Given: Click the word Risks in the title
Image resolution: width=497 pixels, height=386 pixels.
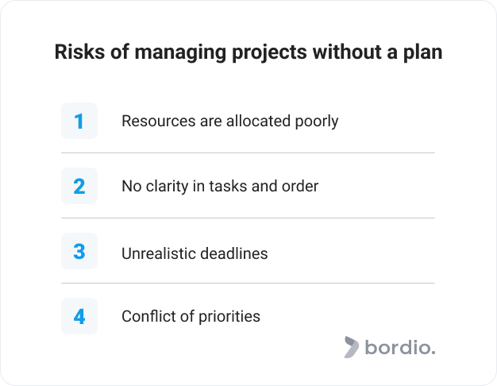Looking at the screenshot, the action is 79,52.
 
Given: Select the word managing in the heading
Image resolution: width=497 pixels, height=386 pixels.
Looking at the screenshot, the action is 180,53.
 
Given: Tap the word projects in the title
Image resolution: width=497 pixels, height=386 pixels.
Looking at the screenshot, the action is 269,53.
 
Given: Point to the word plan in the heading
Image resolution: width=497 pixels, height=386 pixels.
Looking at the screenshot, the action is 422,53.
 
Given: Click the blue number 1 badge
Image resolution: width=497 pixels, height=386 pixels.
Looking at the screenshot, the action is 79,121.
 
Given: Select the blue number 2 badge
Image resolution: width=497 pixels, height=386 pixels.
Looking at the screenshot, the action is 79,186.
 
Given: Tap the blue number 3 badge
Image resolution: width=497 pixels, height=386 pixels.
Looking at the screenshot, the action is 79,251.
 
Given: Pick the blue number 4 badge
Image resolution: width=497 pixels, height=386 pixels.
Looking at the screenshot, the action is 79,316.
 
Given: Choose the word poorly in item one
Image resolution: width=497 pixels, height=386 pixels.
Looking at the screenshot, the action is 317,122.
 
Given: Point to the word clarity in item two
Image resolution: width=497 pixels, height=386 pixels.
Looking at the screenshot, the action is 167,187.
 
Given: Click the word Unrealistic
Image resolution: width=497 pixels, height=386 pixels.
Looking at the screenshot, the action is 159,253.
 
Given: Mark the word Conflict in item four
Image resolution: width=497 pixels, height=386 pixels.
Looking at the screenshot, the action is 148,316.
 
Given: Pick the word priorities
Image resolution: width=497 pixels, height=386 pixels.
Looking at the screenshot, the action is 229,317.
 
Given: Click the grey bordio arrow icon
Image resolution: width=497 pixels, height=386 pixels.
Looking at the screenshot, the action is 352,347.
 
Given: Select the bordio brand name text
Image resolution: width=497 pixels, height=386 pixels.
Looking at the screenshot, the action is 400,347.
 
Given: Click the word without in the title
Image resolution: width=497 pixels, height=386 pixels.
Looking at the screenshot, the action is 347,52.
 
